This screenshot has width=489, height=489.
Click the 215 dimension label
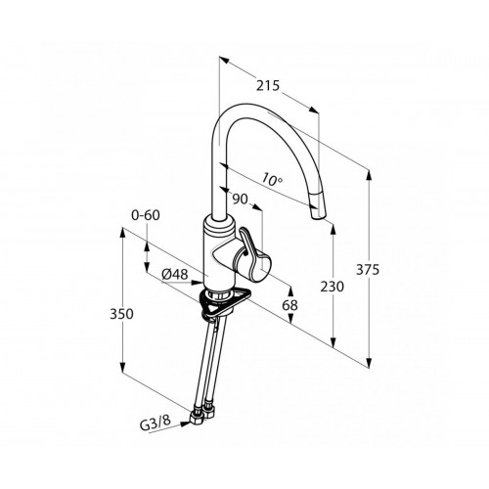[x=268, y=86]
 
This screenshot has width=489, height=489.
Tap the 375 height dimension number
[x=368, y=270]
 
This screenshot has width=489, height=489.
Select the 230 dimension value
[x=333, y=287]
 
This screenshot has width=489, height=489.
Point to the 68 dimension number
[x=290, y=305]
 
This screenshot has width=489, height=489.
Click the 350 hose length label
[x=121, y=314]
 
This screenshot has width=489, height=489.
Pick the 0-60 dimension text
[x=146, y=215]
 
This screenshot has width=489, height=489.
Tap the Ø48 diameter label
[x=175, y=275]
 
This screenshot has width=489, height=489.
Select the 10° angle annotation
[x=272, y=180]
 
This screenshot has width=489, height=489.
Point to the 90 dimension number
[x=241, y=199]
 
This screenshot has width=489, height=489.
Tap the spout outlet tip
[x=317, y=216]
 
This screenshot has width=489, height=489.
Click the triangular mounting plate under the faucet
[x=225, y=301]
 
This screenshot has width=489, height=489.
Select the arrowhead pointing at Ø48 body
[x=198, y=283]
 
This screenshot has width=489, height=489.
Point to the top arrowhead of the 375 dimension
[x=369, y=177]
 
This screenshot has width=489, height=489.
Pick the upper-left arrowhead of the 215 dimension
[x=225, y=61]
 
